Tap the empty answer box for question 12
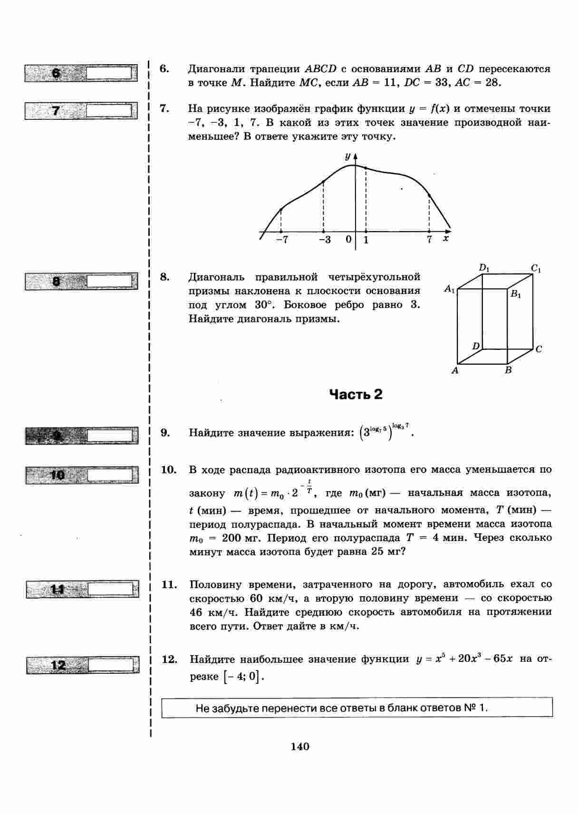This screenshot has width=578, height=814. [113, 664]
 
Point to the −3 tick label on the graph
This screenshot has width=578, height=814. [325, 240]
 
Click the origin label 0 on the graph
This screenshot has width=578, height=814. [348, 239]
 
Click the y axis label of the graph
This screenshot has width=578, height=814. [348, 156]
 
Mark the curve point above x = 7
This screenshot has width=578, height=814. [429, 195]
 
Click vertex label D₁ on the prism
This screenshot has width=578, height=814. [484, 268]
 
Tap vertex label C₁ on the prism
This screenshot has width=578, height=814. [536, 269]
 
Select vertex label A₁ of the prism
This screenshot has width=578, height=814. [450, 288]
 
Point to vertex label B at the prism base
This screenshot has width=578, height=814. [508, 370]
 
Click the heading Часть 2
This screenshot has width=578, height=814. [356, 395]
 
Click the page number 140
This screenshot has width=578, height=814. [300, 746]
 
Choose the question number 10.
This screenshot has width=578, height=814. [169, 470]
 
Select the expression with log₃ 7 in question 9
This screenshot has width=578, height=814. [386, 432]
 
